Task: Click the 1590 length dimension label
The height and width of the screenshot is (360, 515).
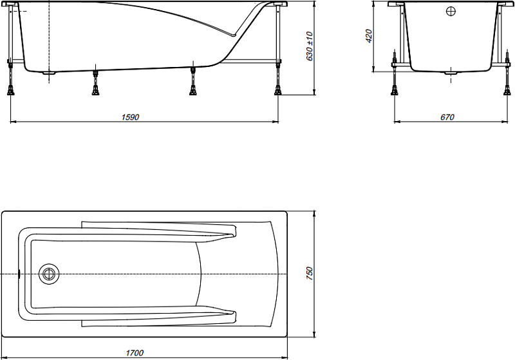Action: click(131, 117)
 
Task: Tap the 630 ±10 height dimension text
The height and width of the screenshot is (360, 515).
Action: click(310, 46)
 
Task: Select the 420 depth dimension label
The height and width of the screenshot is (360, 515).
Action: click(369, 36)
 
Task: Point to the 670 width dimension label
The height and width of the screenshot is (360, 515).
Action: click(447, 117)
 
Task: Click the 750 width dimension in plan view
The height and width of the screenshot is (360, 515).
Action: click(310, 274)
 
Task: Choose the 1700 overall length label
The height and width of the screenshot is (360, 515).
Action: click(135, 353)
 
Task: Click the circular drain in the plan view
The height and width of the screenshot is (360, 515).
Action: click(49, 274)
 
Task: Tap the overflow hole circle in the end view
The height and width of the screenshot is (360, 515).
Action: click(451, 11)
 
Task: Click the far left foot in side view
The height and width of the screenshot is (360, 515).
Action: click(11, 90)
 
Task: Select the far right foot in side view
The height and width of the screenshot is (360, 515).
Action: click(278, 90)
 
